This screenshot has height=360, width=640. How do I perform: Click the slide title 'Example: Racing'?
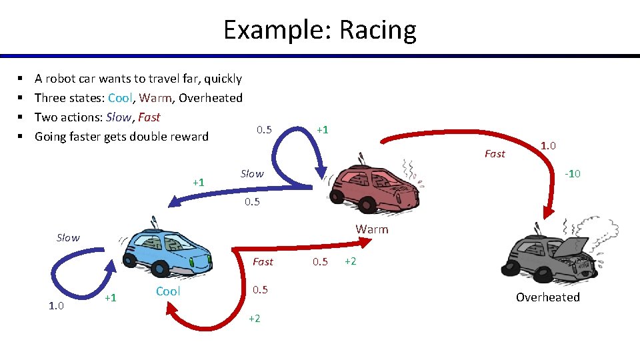coord(319,30)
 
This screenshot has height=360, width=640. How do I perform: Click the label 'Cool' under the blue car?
coord(168,291)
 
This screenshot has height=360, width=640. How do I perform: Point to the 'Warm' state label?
coord(371,229)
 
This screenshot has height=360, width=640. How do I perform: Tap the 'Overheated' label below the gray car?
coord(547,297)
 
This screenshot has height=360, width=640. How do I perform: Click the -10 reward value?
coord(572,174)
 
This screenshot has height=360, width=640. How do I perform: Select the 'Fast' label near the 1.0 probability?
coord(495,154)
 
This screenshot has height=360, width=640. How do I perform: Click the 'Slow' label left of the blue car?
coord(68,238)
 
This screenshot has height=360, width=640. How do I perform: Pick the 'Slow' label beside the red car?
coord(252,173)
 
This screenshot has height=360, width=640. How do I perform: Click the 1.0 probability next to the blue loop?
coord(56,306)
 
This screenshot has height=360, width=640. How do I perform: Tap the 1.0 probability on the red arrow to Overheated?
coord(549,145)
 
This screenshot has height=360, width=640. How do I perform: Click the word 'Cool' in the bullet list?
coord(120,98)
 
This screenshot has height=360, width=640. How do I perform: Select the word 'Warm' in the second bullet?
coord(155,98)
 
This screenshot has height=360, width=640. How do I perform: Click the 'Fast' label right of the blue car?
coord(263,262)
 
